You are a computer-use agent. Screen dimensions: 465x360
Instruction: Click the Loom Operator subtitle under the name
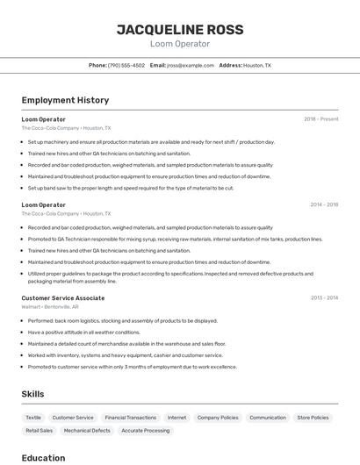point(180,44)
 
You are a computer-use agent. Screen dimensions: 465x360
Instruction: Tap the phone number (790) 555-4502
point(126,66)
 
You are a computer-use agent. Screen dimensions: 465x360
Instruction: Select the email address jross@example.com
point(191,66)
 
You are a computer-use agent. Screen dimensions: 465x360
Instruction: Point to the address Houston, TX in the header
point(256,66)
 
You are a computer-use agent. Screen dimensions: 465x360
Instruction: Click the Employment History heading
point(65,100)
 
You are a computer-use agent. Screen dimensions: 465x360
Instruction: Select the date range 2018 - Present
point(320,119)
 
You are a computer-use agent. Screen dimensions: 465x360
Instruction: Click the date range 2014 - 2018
point(324,205)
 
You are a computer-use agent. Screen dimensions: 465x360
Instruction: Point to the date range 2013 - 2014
point(324,298)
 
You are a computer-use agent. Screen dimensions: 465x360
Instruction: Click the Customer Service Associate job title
point(63,298)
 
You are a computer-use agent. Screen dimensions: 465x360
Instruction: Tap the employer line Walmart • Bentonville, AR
point(50,307)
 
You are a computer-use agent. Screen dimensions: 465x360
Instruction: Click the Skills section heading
point(32,394)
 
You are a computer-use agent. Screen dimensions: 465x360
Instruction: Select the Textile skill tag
point(33,418)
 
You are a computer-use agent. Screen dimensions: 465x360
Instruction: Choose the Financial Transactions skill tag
point(130,418)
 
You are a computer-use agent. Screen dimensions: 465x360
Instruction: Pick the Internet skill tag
point(176,418)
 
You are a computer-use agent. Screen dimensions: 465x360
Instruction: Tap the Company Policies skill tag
point(218,418)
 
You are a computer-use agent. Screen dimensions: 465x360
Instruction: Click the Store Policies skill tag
point(313,418)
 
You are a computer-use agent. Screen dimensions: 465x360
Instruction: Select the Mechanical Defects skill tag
point(87,431)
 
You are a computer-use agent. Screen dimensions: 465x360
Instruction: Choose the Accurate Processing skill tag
point(146,431)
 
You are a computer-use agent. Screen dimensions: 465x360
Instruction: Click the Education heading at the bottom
point(43,457)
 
